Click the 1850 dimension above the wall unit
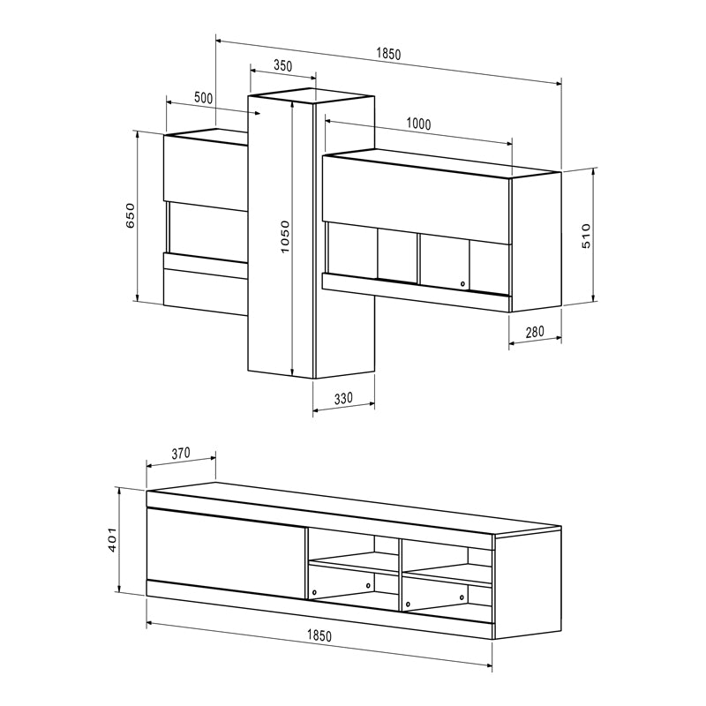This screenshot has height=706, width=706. [388, 54]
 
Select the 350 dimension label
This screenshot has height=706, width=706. [282, 66]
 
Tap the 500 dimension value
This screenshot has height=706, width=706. [203, 98]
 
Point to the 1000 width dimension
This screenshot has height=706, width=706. [418, 124]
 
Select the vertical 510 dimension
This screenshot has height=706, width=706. [585, 237]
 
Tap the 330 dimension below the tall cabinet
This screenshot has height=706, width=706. [343, 398]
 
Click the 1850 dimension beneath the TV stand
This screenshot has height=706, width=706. [319, 636]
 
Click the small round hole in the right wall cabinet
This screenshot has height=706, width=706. [462, 284]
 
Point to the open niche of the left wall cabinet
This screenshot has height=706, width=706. [208, 229]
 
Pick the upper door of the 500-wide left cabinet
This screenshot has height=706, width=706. [207, 172]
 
